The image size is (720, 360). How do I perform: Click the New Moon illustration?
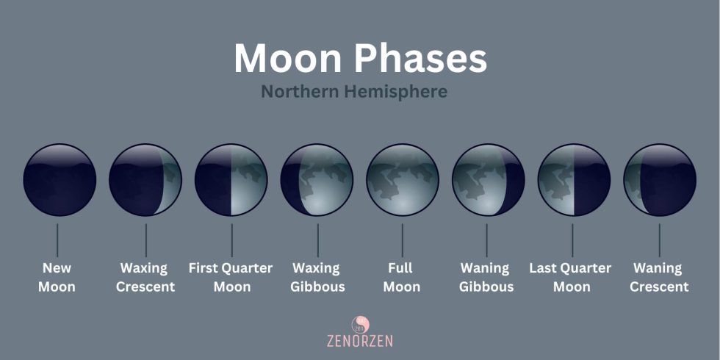coord(60,180)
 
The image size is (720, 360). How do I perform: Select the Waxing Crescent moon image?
coord(145,180)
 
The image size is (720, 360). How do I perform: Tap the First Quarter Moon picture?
coord(231,180)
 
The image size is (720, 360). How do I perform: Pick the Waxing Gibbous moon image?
coord(317,180)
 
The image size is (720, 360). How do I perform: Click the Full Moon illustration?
coord(403,180)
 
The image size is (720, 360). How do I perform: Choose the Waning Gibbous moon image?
coord(488,180)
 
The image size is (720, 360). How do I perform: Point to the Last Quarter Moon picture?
coord(574,180)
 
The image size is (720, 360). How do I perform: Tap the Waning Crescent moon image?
coord(659,180)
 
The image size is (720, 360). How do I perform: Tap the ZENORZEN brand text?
coord(360,340)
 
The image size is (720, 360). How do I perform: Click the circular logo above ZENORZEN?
coord(360,323)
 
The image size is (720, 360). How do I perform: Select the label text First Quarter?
coord(231,268)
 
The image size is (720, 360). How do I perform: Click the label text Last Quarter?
coord(570,268)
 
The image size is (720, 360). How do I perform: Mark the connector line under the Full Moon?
coord(403,240)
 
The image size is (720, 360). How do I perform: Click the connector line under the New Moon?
coord(57,240)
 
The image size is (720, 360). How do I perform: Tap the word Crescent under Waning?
coord(659,287)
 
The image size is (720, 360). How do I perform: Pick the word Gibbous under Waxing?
coord(317,287)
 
